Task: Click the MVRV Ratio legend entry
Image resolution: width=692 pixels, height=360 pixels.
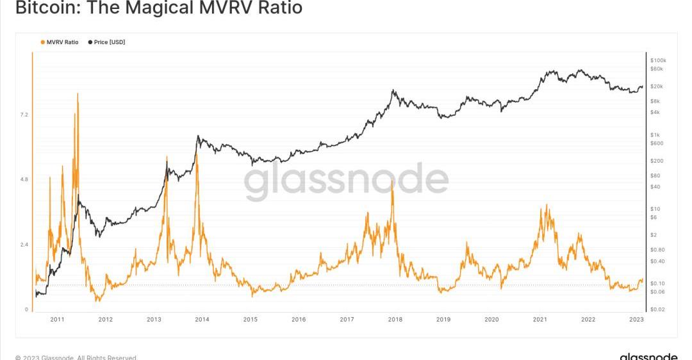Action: (62, 42)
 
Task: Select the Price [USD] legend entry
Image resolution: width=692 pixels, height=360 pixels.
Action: (109, 42)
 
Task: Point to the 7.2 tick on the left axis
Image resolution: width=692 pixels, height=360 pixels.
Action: (24, 115)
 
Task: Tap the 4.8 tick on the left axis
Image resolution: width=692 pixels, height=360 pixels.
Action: (24, 180)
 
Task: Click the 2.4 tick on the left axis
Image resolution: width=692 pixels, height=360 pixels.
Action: (24, 245)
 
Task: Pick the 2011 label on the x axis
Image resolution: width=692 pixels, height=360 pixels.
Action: (57, 319)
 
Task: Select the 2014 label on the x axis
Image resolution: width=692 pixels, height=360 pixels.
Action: (202, 319)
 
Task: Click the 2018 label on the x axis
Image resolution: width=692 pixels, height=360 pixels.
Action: (395, 319)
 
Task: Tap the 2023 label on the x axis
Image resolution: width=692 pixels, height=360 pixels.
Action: (636, 319)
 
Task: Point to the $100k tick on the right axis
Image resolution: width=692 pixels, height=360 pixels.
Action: (659, 60)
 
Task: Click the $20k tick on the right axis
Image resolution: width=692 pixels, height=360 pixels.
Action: (657, 86)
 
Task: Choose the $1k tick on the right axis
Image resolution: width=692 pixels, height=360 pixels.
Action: (655, 135)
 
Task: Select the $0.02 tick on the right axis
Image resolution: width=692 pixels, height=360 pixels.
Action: (657, 309)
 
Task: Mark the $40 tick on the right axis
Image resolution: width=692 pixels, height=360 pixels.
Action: (655, 187)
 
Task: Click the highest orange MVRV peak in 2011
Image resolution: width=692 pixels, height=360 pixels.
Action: (78, 94)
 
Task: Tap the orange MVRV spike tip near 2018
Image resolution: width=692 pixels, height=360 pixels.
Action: (392, 181)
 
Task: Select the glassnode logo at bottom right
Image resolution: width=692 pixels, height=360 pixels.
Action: (648, 356)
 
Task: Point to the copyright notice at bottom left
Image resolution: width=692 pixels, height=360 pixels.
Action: (76, 357)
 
